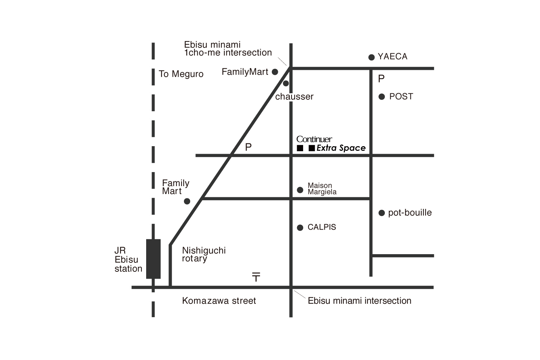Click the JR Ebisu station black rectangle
coord(153,259)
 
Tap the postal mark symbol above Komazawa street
coord(256,277)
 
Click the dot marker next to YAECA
coord(372,57)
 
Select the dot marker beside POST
coord(382,97)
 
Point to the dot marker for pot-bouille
coord(382,213)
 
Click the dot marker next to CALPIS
coord(300,228)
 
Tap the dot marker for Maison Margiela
coord(300,190)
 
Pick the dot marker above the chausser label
coord(286,84)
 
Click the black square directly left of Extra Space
coord(312,148)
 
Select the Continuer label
coord(314,139)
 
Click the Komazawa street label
coord(219,301)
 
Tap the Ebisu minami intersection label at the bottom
coord(359,301)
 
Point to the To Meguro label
coord(181,74)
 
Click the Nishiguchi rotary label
coord(204,255)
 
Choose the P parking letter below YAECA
coord(381,78)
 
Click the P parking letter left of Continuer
coord(248,147)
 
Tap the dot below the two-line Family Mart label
coord(187,201)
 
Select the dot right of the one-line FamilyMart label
coord(275,72)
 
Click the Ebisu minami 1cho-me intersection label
coord(228,49)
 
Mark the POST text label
coord(401,96)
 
